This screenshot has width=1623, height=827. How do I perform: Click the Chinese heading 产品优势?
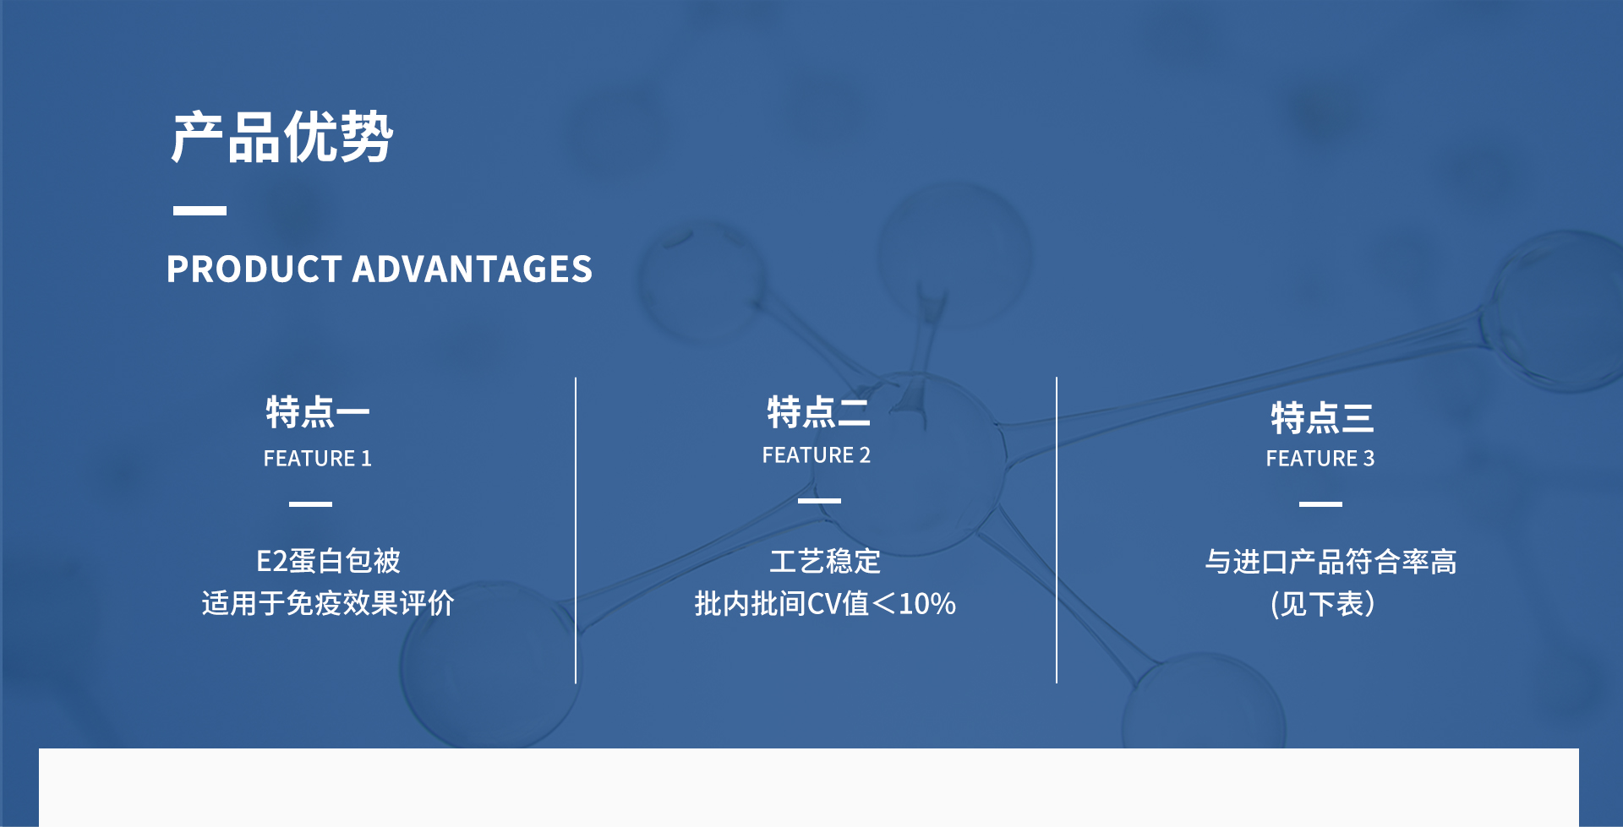click(281, 137)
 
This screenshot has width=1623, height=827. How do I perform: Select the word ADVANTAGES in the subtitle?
click(473, 269)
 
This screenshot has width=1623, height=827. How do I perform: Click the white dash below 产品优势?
click(199, 210)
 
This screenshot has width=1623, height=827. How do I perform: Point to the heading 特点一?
click(318, 412)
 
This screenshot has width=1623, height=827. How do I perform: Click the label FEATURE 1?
click(318, 458)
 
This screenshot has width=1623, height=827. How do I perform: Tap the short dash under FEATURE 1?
click(310, 503)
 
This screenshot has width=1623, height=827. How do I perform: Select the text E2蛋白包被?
click(328, 561)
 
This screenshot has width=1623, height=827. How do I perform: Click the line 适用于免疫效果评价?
click(328, 603)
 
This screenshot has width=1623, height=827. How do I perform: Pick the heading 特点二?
click(818, 412)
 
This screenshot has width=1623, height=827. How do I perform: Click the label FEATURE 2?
click(817, 455)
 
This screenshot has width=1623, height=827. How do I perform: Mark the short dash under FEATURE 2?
click(819, 500)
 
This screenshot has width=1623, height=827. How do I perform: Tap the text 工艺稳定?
click(825, 561)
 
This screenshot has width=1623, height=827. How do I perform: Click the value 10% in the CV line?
click(927, 604)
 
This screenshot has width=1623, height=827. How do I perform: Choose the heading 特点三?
click(1322, 417)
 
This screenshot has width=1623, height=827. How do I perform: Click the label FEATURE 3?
click(1320, 458)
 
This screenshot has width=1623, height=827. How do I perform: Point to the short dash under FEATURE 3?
click(1320, 503)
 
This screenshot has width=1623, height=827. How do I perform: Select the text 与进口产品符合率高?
click(1331, 561)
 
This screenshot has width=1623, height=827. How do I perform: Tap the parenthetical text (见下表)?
click(1323, 604)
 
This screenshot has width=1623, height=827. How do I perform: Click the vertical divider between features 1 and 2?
click(576, 530)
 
